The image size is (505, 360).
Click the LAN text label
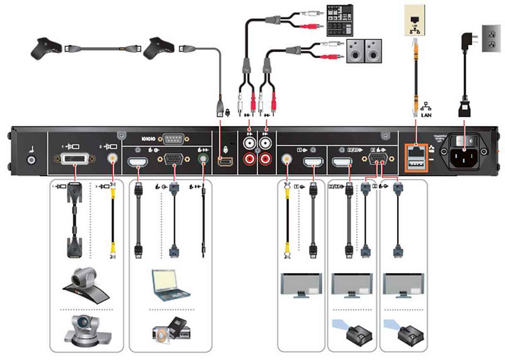pos(426,115)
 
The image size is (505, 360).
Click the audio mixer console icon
pos(339,20)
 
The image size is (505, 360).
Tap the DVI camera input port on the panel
pos(75,158)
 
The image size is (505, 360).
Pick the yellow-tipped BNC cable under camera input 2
pos(112,220)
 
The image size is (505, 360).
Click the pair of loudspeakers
pos(364,51)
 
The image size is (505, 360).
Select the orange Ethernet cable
pos(415,75)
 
